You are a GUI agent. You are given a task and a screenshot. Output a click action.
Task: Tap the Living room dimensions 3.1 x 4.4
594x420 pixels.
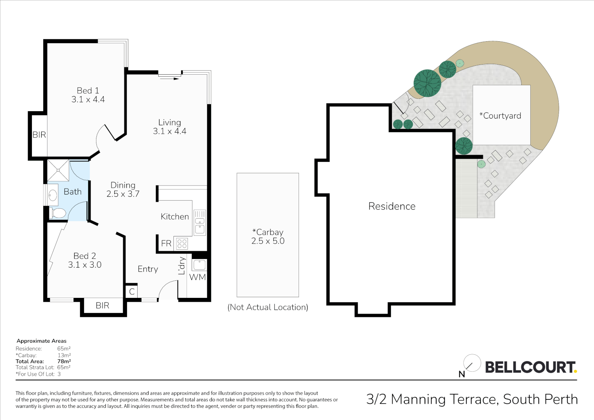click(169, 131)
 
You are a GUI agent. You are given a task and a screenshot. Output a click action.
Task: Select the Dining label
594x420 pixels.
click(123, 185)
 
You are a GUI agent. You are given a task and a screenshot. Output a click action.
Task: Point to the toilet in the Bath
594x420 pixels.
click(58, 213)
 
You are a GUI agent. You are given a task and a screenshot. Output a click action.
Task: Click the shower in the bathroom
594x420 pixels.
click(58, 170)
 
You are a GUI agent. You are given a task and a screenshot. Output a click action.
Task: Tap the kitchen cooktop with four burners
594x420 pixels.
click(182, 244)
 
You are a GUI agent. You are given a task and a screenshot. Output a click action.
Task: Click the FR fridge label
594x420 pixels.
click(166, 243)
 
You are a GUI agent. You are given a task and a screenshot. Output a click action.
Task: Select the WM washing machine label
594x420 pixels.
click(197, 277)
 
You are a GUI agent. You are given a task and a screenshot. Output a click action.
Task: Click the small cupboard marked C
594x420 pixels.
click(132, 292)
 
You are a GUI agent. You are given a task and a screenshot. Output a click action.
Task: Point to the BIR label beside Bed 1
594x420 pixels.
click(39, 135)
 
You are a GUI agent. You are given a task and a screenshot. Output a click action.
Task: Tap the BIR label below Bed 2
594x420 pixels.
click(102, 306)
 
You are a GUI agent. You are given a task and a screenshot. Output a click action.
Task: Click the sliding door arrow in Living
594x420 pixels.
click(169, 79)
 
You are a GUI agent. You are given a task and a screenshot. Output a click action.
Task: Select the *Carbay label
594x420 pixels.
click(268, 232)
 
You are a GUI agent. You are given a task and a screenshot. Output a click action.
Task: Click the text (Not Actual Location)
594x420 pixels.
click(267, 307)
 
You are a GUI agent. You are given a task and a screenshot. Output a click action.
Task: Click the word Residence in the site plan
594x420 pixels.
click(391, 206)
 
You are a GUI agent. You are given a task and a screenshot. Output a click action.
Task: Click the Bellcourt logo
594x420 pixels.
click(530, 367)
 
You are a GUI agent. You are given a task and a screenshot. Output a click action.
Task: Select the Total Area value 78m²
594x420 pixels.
click(64, 361)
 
